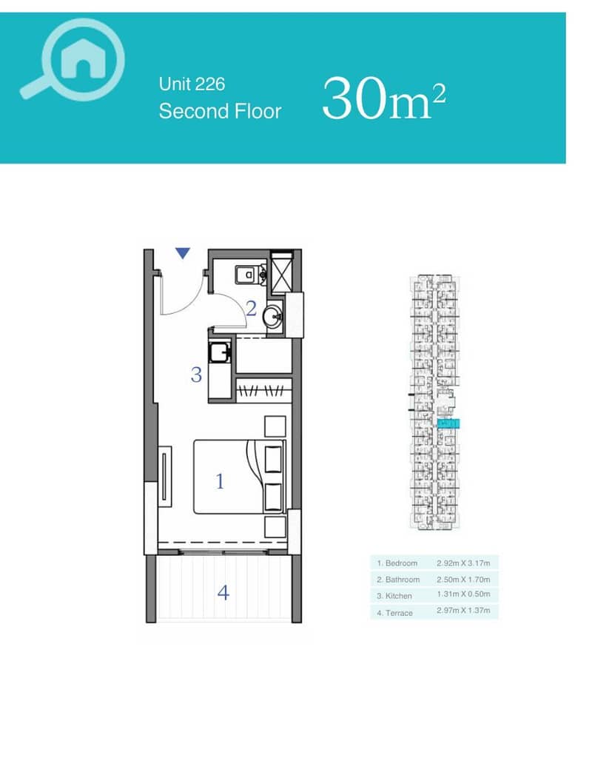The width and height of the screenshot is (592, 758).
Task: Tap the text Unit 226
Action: (192, 84)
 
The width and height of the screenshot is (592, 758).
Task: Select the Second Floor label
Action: (220, 111)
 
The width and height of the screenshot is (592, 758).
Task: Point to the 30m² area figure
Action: (384, 99)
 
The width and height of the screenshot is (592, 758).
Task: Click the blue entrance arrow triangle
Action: (183, 253)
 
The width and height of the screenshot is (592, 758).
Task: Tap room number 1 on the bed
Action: (220, 481)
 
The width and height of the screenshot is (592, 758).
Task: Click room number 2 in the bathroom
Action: (251, 308)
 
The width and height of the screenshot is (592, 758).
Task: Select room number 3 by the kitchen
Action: (195, 375)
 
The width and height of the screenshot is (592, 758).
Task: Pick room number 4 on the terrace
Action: (223, 592)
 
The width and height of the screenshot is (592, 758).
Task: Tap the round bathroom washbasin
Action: (274, 317)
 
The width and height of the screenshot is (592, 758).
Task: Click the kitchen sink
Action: (220, 352)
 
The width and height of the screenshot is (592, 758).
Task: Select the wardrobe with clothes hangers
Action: (264, 390)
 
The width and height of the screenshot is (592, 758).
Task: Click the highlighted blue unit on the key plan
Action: (448, 424)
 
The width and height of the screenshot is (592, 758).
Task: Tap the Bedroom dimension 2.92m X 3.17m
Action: (463, 563)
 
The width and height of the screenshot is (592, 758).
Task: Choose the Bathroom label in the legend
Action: (398, 580)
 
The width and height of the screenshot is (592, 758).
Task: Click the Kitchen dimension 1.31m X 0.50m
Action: (463, 594)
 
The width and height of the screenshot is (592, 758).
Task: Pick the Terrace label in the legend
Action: (395, 613)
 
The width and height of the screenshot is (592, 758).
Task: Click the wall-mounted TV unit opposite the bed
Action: (165, 476)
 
